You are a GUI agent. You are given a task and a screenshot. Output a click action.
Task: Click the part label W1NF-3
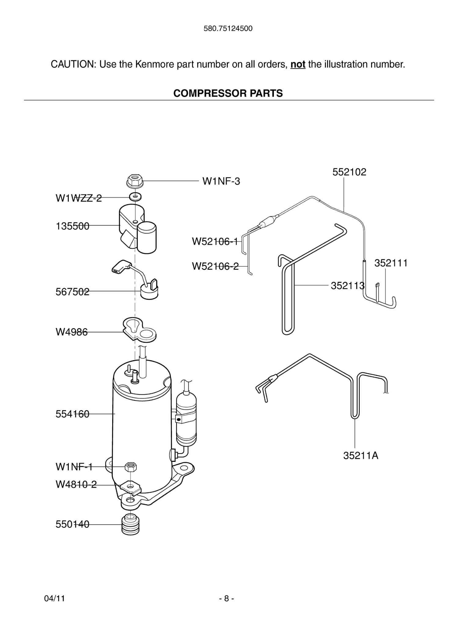[221, 181]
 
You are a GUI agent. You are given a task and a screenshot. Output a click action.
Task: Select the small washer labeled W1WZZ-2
[135, 197]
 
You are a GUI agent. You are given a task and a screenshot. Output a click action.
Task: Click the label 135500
[72, 226]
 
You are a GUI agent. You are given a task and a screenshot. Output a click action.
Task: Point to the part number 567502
[72, 292]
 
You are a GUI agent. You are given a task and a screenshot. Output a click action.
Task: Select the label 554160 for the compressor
[72, 414]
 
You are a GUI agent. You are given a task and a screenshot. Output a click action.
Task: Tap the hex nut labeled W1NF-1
[131, 467]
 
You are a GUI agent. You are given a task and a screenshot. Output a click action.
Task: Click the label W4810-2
[76, 484]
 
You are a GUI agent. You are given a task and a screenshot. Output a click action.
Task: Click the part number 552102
[349, 172]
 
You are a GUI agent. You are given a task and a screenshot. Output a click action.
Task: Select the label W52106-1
[215, 241]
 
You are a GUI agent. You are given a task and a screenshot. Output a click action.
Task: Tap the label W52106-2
[215, 266]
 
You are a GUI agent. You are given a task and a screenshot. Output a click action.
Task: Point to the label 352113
[348, 286]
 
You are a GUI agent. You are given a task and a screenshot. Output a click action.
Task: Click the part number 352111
[391, 263]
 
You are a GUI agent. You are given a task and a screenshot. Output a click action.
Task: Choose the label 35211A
[360, 456]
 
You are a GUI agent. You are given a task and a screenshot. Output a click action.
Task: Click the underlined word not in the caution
[298, 64]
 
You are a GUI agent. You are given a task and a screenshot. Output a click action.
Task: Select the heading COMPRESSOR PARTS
[228, 93]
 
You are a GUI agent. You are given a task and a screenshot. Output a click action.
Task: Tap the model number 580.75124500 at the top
[228, 29]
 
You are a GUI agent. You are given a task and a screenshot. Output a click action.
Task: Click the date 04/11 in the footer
[54, 598]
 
